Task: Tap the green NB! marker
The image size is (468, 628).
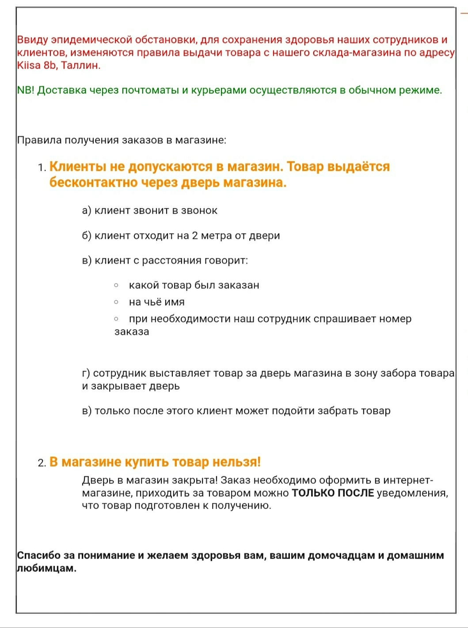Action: pos(26,90)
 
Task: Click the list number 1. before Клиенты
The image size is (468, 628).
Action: pos(42,168)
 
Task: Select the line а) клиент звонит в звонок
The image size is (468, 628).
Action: pos(149,211)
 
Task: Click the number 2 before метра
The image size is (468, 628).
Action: pos(195,236)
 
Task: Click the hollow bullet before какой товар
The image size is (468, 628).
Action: pos(116,285)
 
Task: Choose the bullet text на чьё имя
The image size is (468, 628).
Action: pos(156,302)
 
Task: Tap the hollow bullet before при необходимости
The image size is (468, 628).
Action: pos(116,319)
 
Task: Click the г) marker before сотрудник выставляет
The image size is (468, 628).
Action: pos(86,373)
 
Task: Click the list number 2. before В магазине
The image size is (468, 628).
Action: pos(42,463)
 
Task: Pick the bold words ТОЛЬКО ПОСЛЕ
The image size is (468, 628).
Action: pos(333,493)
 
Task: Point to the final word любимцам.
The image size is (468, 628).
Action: pos(46,568)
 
